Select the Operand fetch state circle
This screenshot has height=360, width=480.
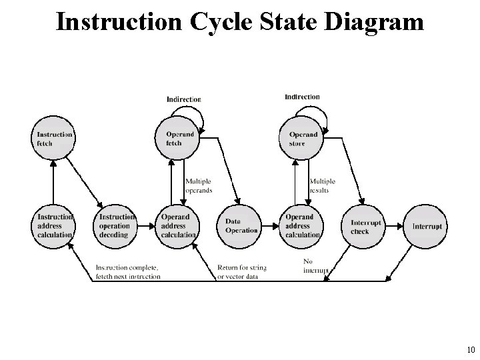pyautogui.click(x=177, y=138)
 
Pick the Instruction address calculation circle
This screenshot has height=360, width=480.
pyautogui.click(x=53, y=225)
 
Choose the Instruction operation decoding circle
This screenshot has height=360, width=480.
pyautogui.click(x=116, y=225)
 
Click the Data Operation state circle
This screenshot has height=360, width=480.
pyautogui.click(x=239, y=225)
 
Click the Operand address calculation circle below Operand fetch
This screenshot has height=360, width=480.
pyautogui.click(x=177, y=225)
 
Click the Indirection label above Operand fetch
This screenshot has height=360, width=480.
pyautogui.click(x=183, y=99)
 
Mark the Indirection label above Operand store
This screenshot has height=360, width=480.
pyautogui.click(x=302, y=97)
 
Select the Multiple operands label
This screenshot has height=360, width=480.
pyautogui.click(x=198, y=185)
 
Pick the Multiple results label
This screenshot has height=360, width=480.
pyautogui.click(x=322, y=185)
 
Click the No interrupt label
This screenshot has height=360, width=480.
pyautogui.click(x=315, y=265)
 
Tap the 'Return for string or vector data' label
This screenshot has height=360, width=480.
pyautogui.click(x=241, y=272)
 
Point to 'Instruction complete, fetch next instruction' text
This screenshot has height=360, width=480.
pyautogui.click(x=128, y=272)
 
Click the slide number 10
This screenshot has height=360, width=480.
pyautogui.click(x=469, y=350)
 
